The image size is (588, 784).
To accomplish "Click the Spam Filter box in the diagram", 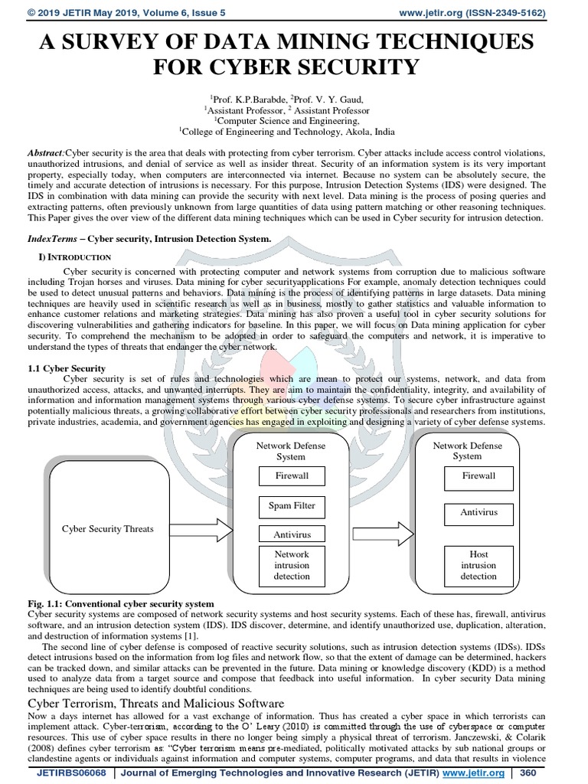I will pyautogui.click(x=291, y=506).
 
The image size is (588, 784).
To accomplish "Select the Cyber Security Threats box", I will pyautogui.click(x=107, y=528).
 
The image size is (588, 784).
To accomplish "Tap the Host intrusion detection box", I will pyautogui.click(x=479, y=565).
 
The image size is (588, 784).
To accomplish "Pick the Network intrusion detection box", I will pyautogui.click(x=291, y=565).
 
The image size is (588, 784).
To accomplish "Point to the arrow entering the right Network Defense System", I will pyautogui.click(x=381, y=528).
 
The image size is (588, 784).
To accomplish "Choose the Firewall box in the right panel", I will pyautogui.click(x=479, y=476).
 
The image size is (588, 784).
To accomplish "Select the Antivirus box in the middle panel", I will pyautogui.click(x=291, y=534).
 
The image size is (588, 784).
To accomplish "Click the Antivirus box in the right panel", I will pyautogui.click(x=479, y=511).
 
